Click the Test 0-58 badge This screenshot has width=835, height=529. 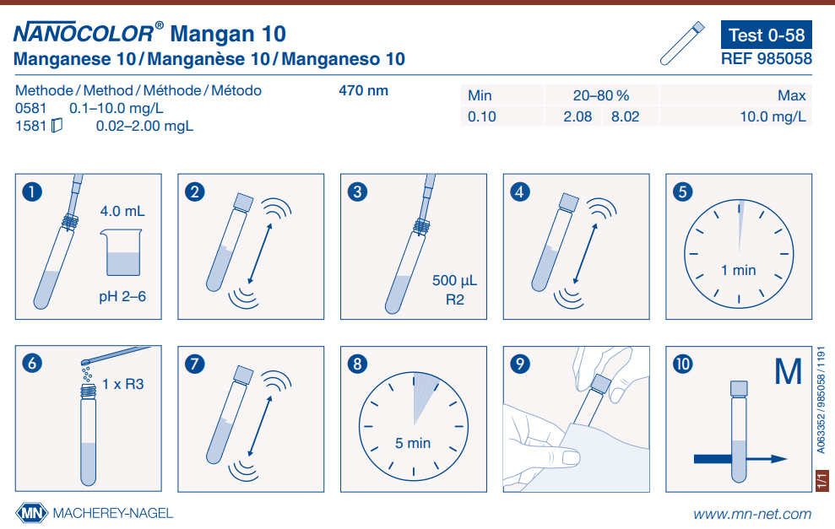767,35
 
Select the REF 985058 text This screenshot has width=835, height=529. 767,59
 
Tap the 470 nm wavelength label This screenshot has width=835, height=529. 363,90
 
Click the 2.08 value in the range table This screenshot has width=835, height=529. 577,117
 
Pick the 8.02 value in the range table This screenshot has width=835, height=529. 625,117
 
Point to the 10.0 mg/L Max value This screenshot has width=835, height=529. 773,117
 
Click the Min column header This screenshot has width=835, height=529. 480,96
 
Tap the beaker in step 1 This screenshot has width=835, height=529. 122,253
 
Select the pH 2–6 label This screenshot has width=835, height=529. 122,297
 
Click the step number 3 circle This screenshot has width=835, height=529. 358,192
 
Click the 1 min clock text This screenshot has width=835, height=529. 738,270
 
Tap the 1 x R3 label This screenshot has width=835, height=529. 123,384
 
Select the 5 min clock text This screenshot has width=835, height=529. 413,442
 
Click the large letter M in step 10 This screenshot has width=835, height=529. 788,372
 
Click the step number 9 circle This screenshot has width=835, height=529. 521,364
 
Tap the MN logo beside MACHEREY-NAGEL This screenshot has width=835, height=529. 32,512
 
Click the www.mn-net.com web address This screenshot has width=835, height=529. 752,513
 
